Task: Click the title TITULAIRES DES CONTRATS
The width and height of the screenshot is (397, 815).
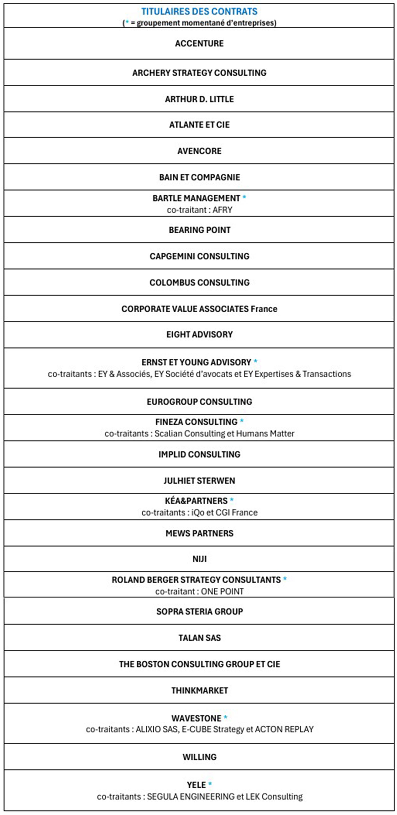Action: point(199,11)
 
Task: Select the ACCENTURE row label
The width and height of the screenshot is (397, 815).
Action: point(199,43)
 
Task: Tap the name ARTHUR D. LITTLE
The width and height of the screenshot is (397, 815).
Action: point(199,99)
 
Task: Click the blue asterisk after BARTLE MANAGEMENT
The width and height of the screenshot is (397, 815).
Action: point(244,198)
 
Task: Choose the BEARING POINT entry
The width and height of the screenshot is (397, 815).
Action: point(199,230)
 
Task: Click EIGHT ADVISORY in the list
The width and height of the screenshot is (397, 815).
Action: point(199,334)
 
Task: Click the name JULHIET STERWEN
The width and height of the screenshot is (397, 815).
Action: point(199,481)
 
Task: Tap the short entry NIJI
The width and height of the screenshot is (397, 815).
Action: point(199,559)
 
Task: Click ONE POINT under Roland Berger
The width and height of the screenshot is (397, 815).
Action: point(222,591)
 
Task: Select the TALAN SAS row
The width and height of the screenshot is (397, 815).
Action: point(199,638)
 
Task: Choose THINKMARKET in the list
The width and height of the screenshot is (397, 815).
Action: point(199,690)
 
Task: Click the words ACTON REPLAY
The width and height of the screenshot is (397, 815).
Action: point(284,729)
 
